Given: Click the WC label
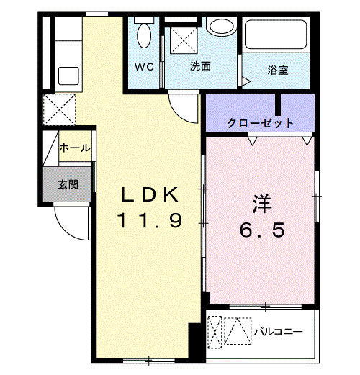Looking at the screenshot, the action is coord(144,67).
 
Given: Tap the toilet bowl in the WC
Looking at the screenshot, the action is coord(144,35).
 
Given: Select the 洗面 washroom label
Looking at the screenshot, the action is coord(200,66).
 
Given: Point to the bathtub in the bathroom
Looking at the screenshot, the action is coord(276,35).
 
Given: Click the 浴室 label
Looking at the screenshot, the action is coord(278,70).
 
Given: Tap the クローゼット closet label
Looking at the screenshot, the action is coord(260,123).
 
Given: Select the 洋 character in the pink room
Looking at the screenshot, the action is coord(262,204).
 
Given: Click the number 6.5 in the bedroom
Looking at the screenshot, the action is coord(262,230).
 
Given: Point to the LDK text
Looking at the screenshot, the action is coord(150,194).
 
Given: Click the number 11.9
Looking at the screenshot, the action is coord(149,220).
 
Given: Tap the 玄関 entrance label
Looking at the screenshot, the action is coord(68,185).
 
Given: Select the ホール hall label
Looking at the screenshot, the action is coord(75,148).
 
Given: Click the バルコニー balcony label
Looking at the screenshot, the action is coord(279,332).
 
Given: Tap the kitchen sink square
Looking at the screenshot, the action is coord(68,76).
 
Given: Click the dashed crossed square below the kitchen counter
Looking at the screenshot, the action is coord(59,109).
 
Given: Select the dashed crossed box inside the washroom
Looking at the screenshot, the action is coord(184,40).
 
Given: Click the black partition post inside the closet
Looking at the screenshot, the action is coord(278,105).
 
